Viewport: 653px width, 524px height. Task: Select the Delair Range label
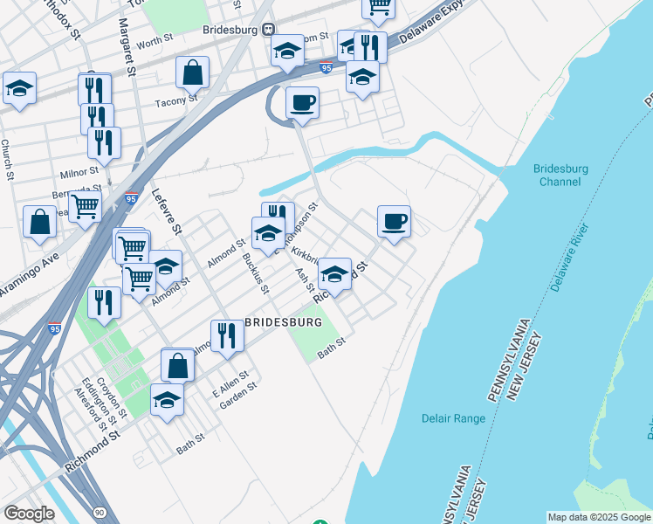coord(453,418)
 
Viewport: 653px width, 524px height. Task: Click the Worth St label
coord(152,41)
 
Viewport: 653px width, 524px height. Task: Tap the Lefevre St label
coord(165,212)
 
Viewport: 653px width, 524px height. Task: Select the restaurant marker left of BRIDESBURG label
coord(226,336)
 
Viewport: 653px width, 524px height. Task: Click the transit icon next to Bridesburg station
coord(269,29)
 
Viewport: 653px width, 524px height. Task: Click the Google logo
coord(29,513)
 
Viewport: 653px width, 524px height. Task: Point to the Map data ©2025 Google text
coord(599,517)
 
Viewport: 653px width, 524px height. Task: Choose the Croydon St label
coord(113,395)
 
